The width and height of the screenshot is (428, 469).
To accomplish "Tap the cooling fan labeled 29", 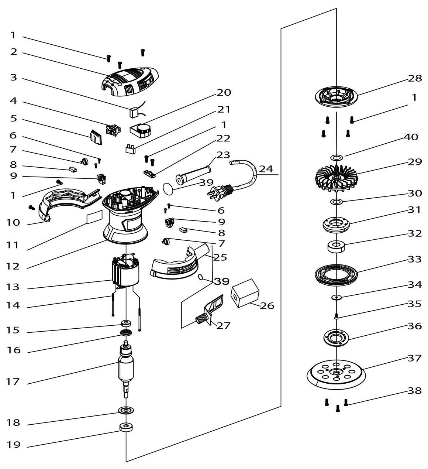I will pos(336,178).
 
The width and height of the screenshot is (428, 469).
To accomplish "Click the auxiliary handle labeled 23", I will pos(193,175).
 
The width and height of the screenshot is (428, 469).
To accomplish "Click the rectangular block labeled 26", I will pos(245,294).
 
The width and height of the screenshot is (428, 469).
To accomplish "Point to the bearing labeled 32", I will pos(336,246).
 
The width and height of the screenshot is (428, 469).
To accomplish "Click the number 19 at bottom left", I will pos(14,445).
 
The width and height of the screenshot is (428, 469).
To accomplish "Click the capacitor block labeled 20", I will pos(141,130).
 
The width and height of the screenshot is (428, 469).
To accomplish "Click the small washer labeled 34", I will pos(336,297).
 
